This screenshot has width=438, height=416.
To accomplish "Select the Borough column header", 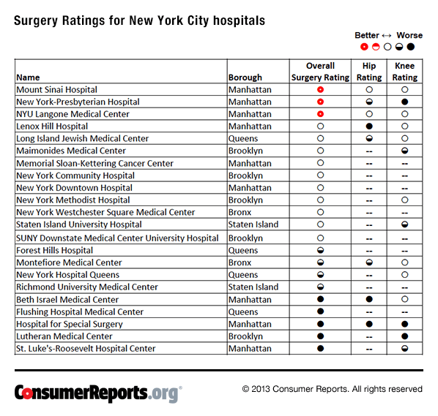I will point(245,77).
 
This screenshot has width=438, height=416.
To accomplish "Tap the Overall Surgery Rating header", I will point(320,71).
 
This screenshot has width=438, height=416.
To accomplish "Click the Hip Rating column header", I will point(369,71).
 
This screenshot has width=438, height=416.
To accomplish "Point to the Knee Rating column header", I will point(404,71).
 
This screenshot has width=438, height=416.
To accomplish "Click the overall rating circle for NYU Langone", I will point(320,114).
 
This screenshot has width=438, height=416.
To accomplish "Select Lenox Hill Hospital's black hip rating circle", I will point(369,126).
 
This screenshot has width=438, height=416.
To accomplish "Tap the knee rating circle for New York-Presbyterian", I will point(404,102).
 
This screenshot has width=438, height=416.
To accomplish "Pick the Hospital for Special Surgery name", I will point(70,324).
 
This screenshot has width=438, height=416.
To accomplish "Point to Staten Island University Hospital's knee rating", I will point(404,224).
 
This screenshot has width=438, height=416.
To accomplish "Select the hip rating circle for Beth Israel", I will point(369,300).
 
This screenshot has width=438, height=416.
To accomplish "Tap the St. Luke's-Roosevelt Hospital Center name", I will point(86,349).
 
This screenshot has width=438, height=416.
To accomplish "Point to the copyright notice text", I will point(333,389).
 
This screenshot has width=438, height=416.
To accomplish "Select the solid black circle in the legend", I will point(411,47).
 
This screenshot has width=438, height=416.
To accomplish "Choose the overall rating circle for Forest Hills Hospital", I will point(320,250).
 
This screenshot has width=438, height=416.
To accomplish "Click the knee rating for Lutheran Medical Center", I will point(404,336).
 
